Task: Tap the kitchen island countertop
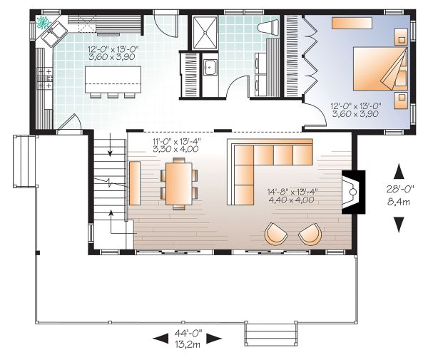click(113, 79)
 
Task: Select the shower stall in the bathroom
click(205, 33)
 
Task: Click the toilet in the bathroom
click(268, 28)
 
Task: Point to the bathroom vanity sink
click(210, 67)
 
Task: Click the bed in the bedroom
click(380, 68)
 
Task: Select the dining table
click(179, 183)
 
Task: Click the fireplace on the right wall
click(353, 192)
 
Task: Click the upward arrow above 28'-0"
click(399, 172)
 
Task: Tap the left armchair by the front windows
click(276, 234)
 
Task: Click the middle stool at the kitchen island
click(113, 96)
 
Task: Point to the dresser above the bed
click(352, 23)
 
